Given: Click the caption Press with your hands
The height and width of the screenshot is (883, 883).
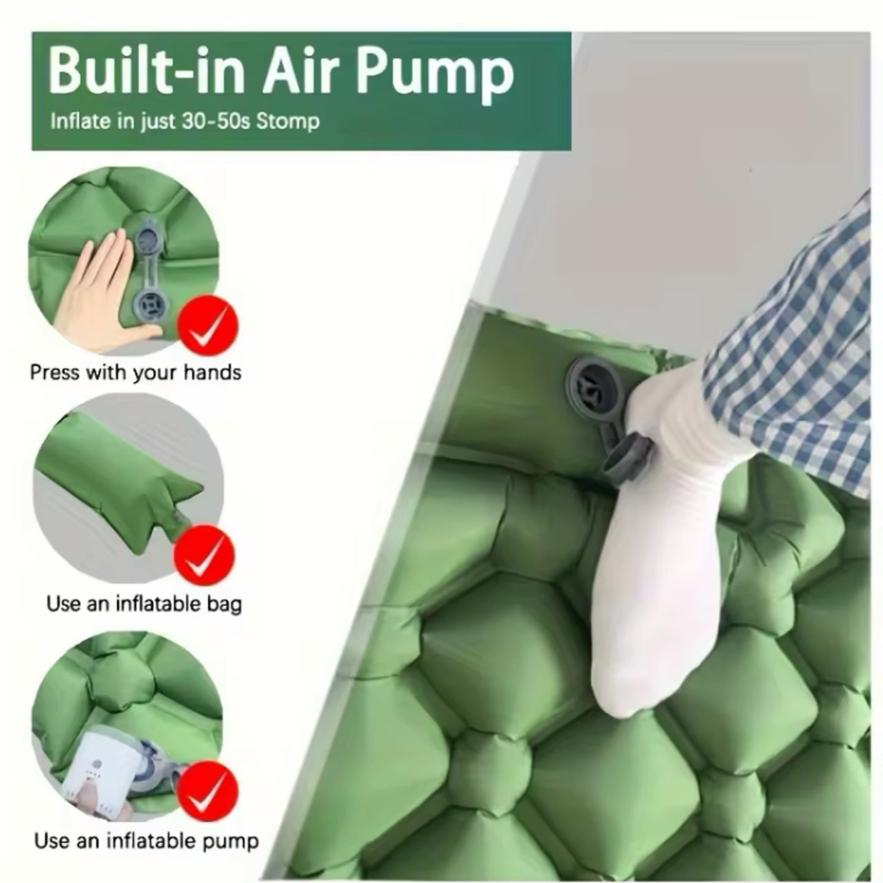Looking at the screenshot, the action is [x=135, y=373].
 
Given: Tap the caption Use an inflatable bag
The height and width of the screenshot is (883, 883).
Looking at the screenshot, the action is [x=144, y=604].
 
